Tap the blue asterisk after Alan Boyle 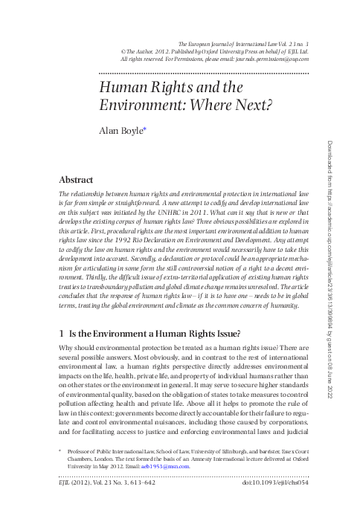(144, 128)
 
